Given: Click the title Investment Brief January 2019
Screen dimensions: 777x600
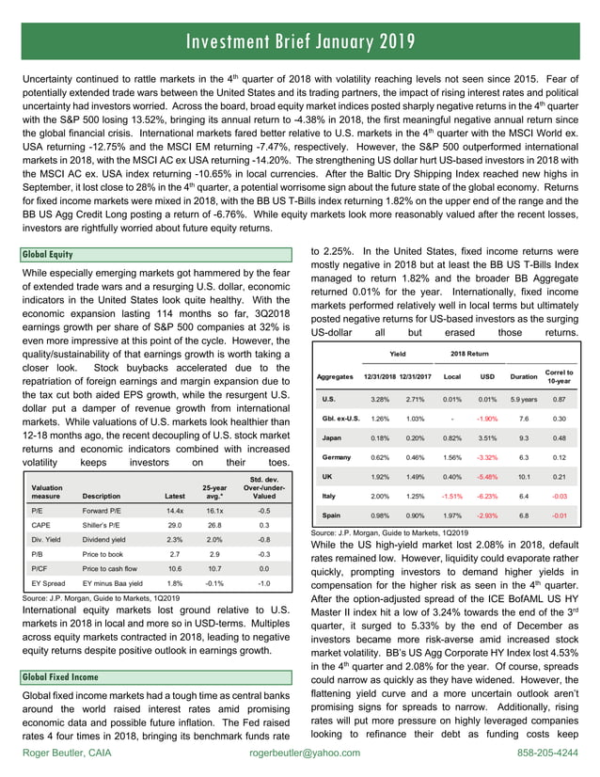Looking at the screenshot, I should point(300,41).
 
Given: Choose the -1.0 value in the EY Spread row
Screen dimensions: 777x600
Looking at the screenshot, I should point(263,584).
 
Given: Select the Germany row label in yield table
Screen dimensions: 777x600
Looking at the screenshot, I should point(338,457).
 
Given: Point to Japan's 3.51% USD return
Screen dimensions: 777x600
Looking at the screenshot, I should point(486,437).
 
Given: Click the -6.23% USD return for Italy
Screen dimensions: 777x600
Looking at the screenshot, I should point(486,496).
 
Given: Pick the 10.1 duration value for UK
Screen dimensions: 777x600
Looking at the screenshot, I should point(523,477).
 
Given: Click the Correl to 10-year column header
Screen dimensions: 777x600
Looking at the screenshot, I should point(560,376).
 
